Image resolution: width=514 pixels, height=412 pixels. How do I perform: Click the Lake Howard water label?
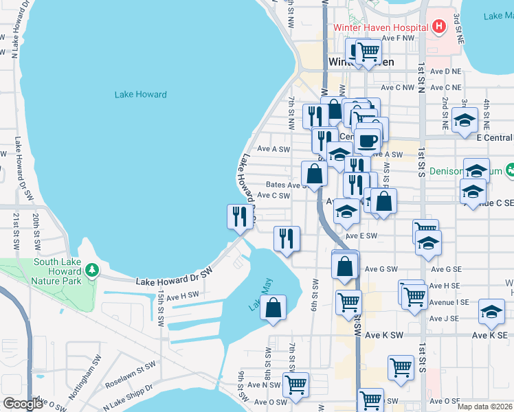tap(142, 94)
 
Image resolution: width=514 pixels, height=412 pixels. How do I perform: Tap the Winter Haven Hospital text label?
tap(381, 27)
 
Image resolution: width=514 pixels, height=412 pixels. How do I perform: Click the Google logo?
tap(23, 404)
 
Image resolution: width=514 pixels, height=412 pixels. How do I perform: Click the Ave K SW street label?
tap(383, 335)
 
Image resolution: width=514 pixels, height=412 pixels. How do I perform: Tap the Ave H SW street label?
tap(181, 297)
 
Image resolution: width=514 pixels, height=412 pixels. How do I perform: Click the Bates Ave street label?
tap(284, 185)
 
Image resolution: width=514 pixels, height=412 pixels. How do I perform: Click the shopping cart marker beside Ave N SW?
tap(295, 385)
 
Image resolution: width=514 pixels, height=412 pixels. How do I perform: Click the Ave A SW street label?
tap(273, 149)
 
